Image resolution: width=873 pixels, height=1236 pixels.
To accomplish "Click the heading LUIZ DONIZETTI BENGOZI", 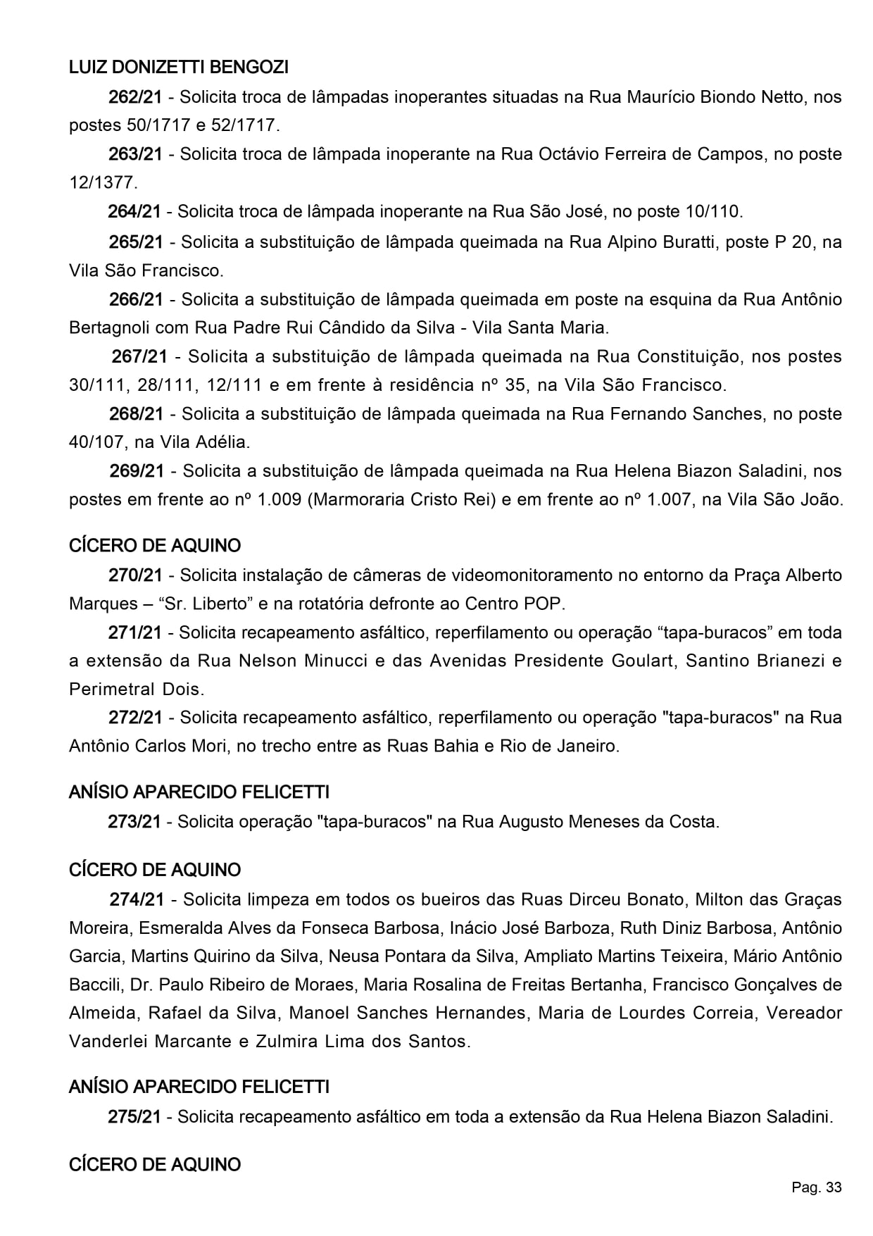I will (x=179, y=68).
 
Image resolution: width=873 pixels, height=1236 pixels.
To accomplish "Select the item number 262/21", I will (x=135, y=97).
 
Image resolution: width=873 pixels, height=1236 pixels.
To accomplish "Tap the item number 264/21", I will (x=134, y=211).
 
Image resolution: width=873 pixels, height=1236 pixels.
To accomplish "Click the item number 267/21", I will (x=139, y=356).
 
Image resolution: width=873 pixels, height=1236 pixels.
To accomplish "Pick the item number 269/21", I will (x=137, y=471).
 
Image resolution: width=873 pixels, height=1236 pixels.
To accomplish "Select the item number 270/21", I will (x=135, y=575).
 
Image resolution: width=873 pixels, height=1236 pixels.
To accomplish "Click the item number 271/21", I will (x=135, y=632).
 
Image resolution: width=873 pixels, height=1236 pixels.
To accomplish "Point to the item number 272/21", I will (x=135, y=718).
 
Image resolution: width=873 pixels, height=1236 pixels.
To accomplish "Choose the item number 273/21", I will (x=134, y=821).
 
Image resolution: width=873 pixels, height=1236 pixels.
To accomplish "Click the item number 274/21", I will (x=137, y=899).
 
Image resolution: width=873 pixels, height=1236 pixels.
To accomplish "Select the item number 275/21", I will (x=134, y=1116).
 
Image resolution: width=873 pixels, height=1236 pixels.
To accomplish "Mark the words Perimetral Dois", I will (x=136, y=689).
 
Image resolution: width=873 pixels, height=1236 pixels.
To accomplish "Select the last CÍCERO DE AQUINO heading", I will (x=155, y=1164).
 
